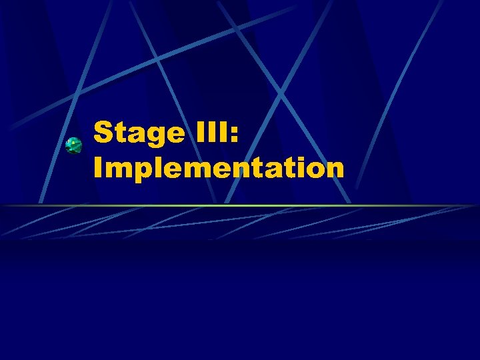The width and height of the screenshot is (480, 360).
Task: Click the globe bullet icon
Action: [73, 145]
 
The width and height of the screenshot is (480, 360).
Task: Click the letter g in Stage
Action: [153, 136]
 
